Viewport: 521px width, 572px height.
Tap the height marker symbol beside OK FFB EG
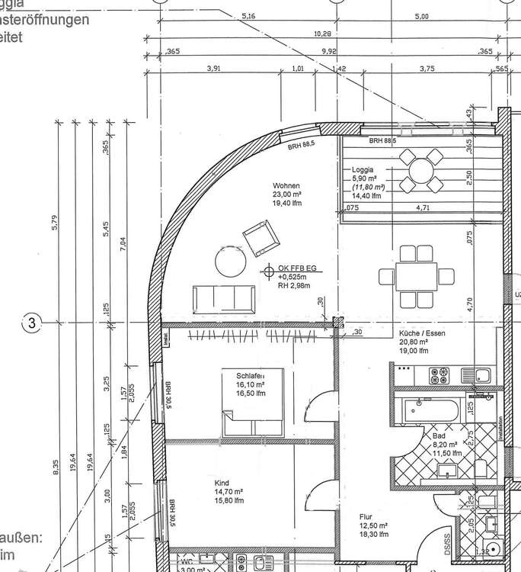click(x=269, y=271)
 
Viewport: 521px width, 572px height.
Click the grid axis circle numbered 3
click(x=32, y=323)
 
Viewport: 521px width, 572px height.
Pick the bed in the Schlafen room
click(x=254, y=394)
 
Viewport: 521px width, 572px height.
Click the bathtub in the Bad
click(x=431, y=412)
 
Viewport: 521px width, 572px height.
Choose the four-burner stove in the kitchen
click(x=440, y=374)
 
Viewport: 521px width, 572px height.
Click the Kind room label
click(x=222, y=483)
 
